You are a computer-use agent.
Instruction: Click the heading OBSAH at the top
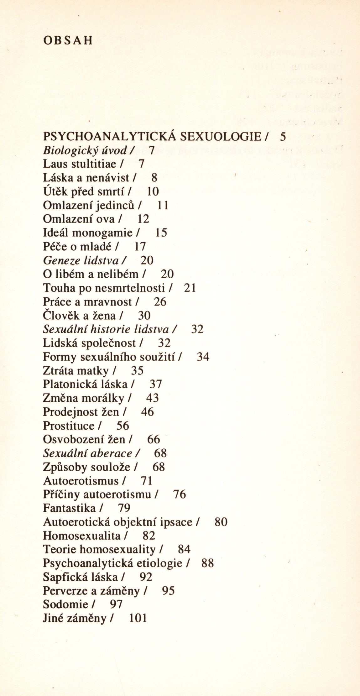[x=68, y=41]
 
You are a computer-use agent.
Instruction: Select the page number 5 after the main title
[x=283, y=137]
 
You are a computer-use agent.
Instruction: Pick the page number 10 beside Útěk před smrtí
[x=153, y=191]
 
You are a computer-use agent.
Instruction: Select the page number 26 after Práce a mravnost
[x=160, y=302]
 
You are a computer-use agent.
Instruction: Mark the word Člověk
[x=61, y=316]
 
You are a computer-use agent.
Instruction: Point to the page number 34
[x=203, y=357]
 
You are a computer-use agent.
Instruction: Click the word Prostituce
[x=68, y=426]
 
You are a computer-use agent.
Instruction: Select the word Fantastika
[x=69, y=508]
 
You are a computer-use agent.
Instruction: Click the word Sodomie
[x=65, y=604]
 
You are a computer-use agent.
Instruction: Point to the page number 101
[x=138, y=618]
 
